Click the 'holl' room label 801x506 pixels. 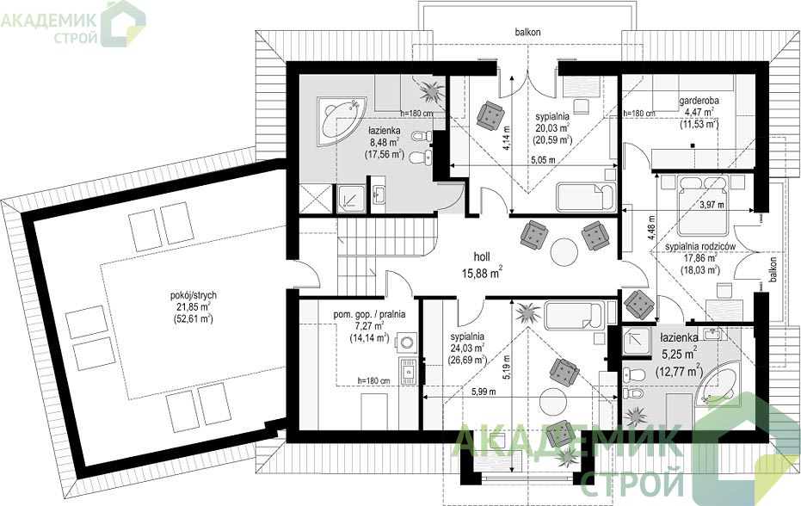point(482,257)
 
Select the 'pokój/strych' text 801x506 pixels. point(193,295)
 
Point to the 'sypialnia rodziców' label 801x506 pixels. point(700,246)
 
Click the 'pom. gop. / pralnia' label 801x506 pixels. point(369,314)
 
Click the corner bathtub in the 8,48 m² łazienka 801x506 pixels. point(341,119)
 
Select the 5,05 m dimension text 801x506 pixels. point(543,160)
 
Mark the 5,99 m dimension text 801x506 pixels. point(484,392)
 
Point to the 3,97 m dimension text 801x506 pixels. point(712,205)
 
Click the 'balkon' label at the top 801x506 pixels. point(527,32)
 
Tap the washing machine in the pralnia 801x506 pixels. point(407,342)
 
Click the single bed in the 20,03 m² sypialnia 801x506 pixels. point(586,195)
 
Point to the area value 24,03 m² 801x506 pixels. point(467,348)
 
